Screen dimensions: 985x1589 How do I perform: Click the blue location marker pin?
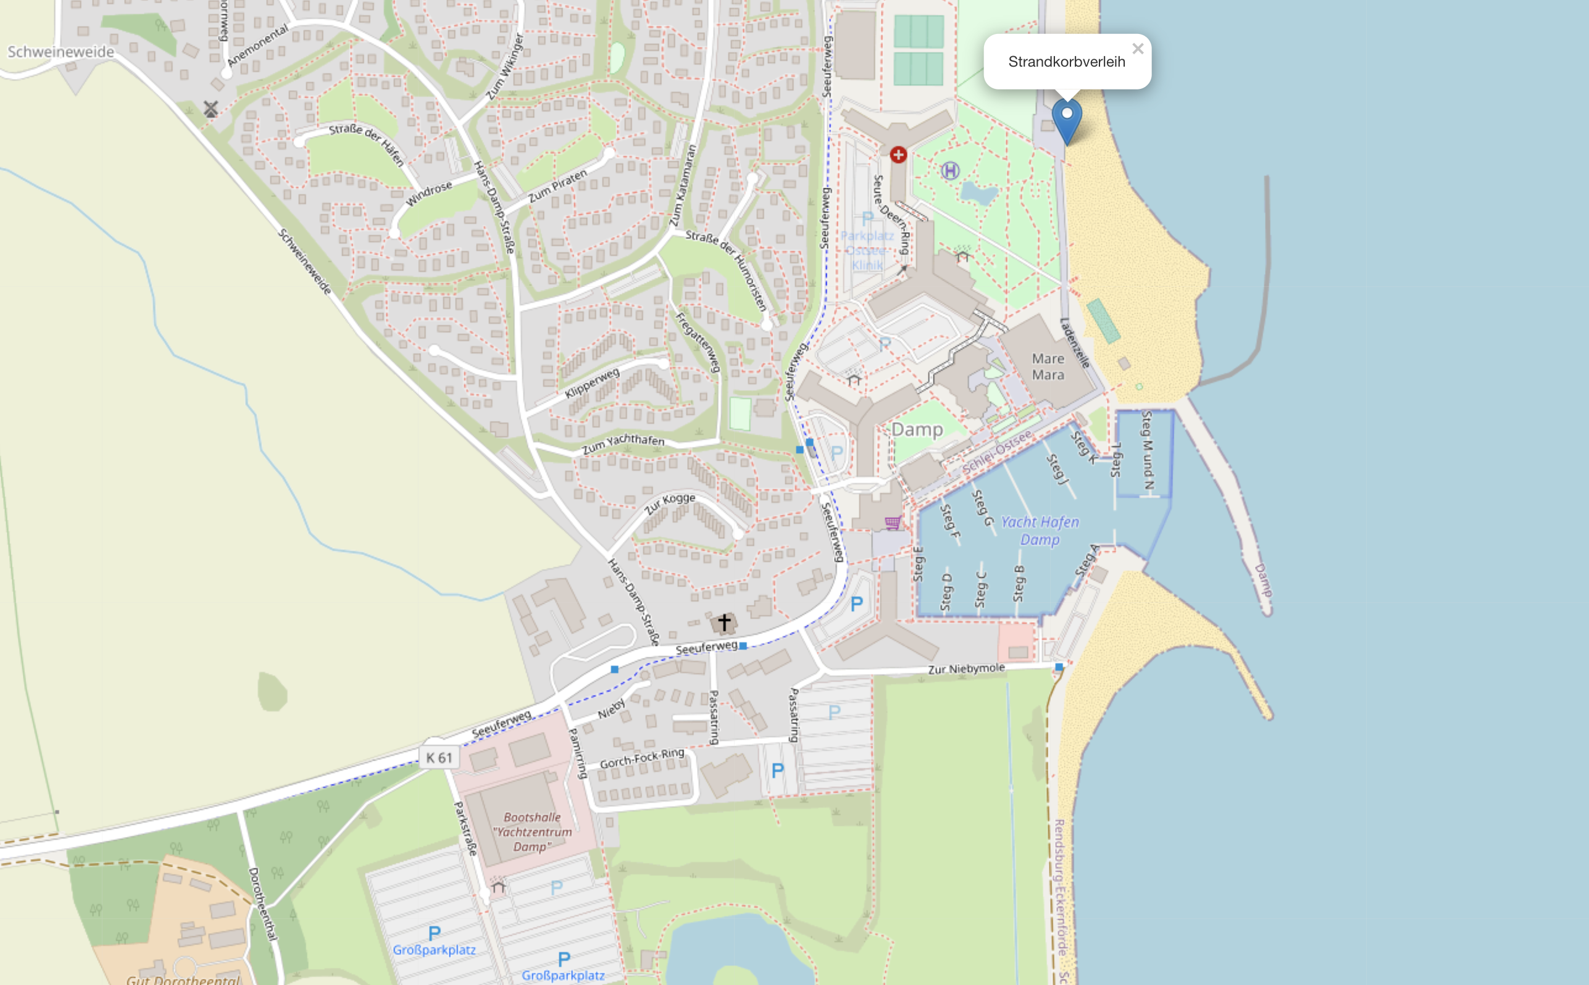pos(1067,118)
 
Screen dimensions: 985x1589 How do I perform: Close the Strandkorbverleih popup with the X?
pos(1138,49)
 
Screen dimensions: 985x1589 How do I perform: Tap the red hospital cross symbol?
pos(898,155)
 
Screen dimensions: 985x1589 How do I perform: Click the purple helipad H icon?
pos(950,172)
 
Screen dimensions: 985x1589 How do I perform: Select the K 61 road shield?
pos(438,758)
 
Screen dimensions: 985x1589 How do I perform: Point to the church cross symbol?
pos(724,623)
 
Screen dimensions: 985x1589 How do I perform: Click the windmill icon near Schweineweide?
pos(211,109)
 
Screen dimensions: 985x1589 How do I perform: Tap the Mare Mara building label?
pos(1048,367)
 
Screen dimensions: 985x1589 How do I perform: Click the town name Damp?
pos(917,430)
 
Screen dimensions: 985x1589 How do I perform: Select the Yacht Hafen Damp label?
pos(1040,530)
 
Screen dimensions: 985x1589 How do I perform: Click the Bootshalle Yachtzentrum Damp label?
pos(532,832)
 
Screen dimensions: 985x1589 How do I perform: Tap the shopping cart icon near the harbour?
pos(892,522)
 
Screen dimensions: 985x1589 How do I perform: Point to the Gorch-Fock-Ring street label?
pos(642,758)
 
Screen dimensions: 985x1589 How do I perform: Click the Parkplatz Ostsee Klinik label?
pos(867,250)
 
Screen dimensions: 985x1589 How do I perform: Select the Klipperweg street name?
pos(591,383)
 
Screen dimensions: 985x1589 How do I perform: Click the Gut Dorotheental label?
pos(183,978)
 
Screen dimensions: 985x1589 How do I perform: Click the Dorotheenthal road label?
pos(262,904)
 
